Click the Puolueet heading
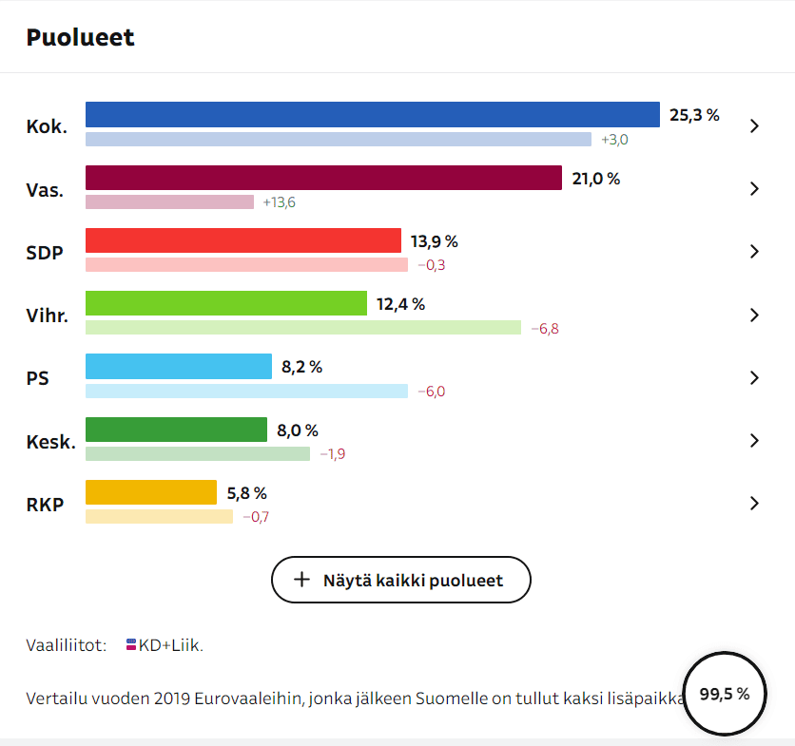80,37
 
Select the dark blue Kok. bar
372,115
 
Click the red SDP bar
242,240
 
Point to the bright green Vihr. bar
225,303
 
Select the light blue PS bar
178,366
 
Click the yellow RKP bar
151,492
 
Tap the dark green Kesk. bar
176,430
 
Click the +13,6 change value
280,202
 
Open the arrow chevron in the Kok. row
754,125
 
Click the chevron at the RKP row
754,503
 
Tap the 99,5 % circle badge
725,694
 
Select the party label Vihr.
48,315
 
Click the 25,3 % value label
694,116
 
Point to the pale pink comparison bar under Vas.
169,201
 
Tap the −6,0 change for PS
431,391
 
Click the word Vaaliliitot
66,645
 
